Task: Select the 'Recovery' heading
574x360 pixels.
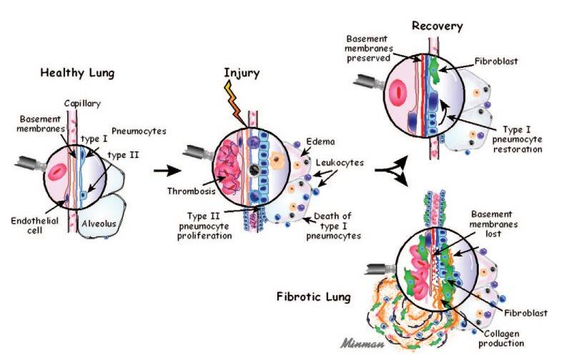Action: [x=437, y=26]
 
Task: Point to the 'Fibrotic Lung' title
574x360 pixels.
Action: [x=312, y=296]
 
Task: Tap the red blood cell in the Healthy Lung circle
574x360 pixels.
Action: [x=56, y=170]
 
